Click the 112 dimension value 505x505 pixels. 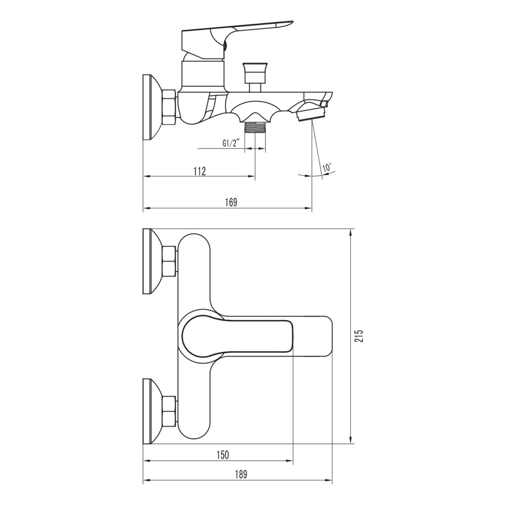coord(199,171)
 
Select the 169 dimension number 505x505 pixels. coord(231,203)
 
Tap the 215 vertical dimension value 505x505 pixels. coord(360,336)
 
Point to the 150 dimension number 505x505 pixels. coord(223,455)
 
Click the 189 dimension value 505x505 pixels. coord(240,474)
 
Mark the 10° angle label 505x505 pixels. coord(327,168)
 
